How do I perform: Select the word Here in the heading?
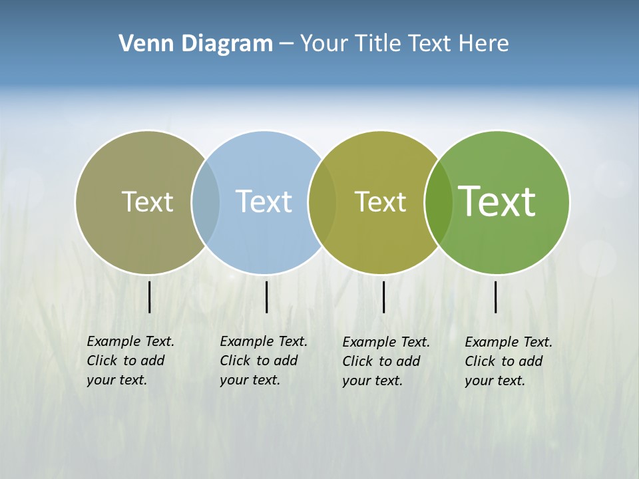[x=484, y=43]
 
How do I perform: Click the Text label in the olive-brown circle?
[x=147, y=202]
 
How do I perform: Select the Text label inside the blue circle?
[x=264, y=202]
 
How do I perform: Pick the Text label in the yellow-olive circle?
[x=380, y=202]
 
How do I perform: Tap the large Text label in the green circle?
[x=497, y=202]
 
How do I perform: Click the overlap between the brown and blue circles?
[x=206, y=202]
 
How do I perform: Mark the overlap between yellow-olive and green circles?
[x=439, y=202]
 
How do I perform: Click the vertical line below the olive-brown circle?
[x=150, y=297]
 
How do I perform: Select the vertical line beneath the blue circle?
[x=266, y=297]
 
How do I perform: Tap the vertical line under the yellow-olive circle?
[x=383, y=297]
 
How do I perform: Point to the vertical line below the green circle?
[x=495, y=297]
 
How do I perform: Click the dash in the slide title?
[x=286, y=44]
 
